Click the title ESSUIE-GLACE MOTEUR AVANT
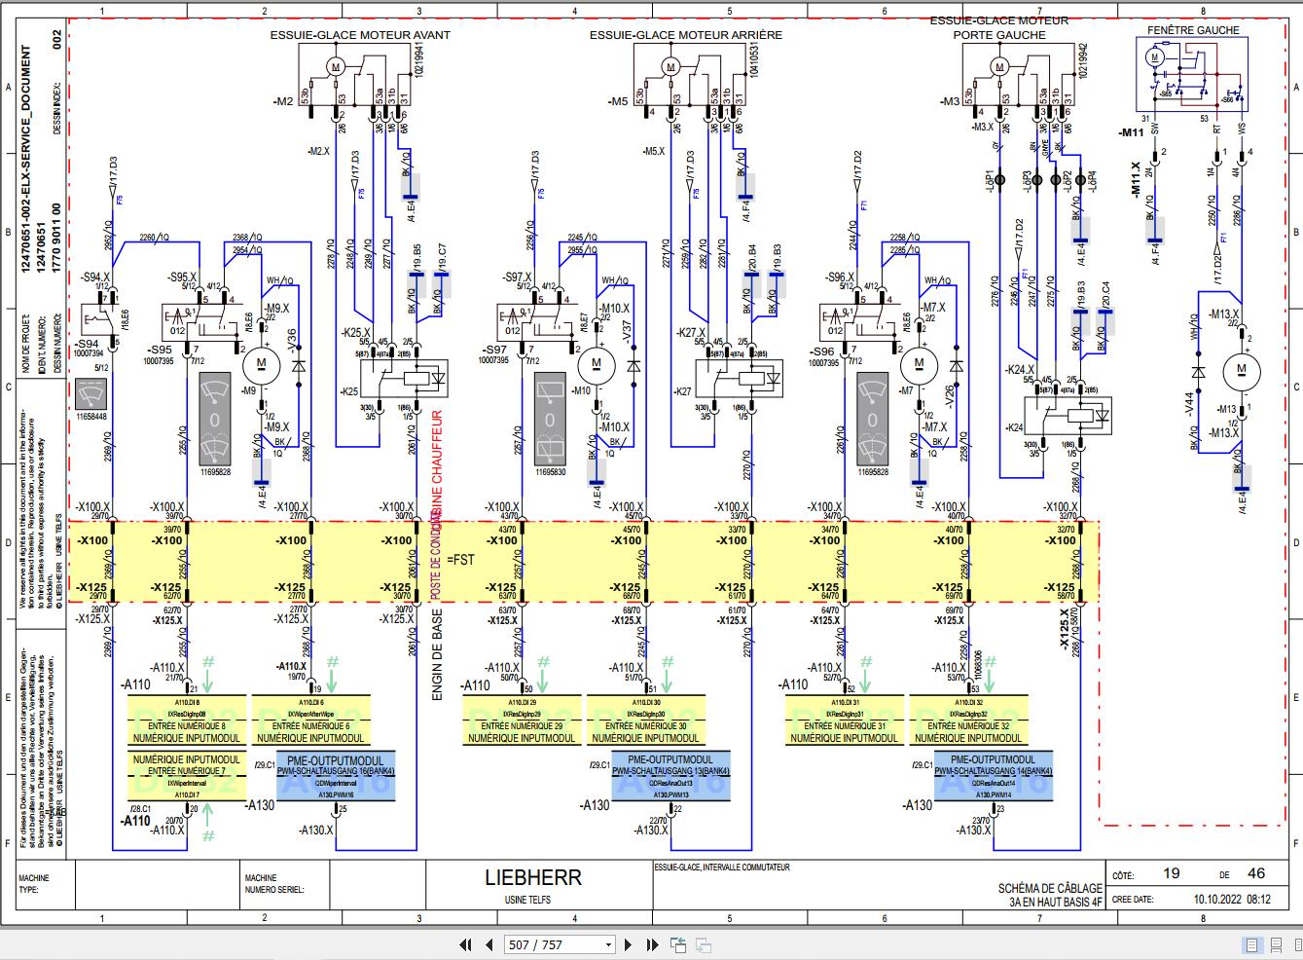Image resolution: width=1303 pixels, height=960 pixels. [x=360, y=35]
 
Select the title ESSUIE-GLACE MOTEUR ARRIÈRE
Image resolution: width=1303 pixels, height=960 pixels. [x=685, y=35]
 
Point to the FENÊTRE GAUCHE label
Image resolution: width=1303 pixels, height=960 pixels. [x=1193, y=30]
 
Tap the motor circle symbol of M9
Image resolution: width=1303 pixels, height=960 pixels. [x=261, y=363]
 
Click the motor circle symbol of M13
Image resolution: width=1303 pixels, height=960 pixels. [x=1240, y=368]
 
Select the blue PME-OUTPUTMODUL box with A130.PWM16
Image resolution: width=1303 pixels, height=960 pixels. [x=336, y=777]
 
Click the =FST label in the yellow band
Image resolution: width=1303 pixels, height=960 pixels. [x=464, y=560]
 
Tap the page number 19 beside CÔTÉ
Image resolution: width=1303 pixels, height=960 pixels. [x=1172, y=873]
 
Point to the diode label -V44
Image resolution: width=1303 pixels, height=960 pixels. [x=1189, y=403]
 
